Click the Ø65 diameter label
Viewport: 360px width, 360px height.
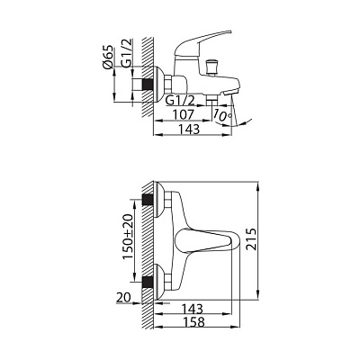coord(108,57)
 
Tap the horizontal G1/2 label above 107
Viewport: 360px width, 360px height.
coord(180,100)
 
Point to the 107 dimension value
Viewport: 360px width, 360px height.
coord(184,114)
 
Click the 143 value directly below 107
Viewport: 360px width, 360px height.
coord(189,130)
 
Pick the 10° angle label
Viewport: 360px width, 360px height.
coord(222,115)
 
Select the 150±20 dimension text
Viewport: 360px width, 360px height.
coord(128,237)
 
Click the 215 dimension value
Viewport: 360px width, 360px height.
coord(251,239)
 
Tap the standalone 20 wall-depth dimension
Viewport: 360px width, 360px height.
coord(123,298)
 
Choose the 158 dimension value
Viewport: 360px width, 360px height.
coord(193,322)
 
